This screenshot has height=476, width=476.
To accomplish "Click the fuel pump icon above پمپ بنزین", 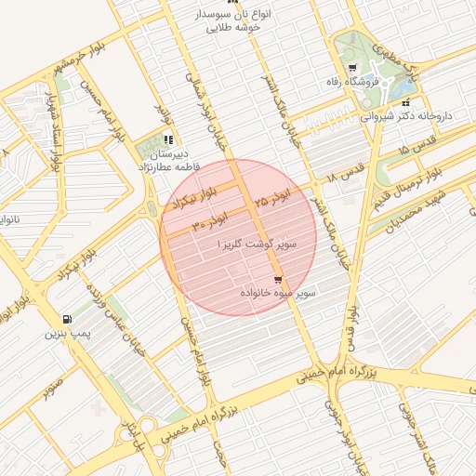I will pos(65,318).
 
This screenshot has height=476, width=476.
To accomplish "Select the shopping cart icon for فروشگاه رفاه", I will pos(351,69).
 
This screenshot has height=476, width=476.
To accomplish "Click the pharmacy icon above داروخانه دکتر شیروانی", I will pos(405,103).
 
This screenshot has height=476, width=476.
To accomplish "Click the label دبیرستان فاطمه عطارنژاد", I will pos(168,160).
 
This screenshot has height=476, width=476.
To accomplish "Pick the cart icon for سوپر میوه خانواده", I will pos(277,280).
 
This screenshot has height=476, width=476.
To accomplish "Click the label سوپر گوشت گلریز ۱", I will pos(256,243).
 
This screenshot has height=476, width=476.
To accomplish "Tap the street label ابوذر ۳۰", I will pos(210,222).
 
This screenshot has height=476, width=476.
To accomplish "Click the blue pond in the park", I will pos(406,86).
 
